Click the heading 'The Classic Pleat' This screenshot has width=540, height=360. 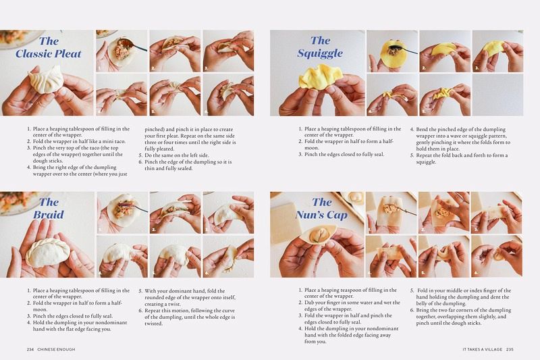coord(48,47)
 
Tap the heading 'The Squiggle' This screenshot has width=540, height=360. coord(320,47)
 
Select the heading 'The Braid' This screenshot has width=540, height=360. coord(49,208)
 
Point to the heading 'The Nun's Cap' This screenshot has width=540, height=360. coord(321,208)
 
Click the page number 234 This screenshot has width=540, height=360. coord(30,349)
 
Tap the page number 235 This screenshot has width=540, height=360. coord(510,349)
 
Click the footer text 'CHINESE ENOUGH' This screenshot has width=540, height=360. coord(56,349)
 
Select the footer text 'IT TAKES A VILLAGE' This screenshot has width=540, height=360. coord(482,349)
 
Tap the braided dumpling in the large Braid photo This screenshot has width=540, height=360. coord(47,252)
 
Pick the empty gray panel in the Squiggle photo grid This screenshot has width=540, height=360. coord(497,95)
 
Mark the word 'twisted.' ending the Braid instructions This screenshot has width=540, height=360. coord(153,324)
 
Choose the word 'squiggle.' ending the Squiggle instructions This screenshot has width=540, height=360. coord(426,162)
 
